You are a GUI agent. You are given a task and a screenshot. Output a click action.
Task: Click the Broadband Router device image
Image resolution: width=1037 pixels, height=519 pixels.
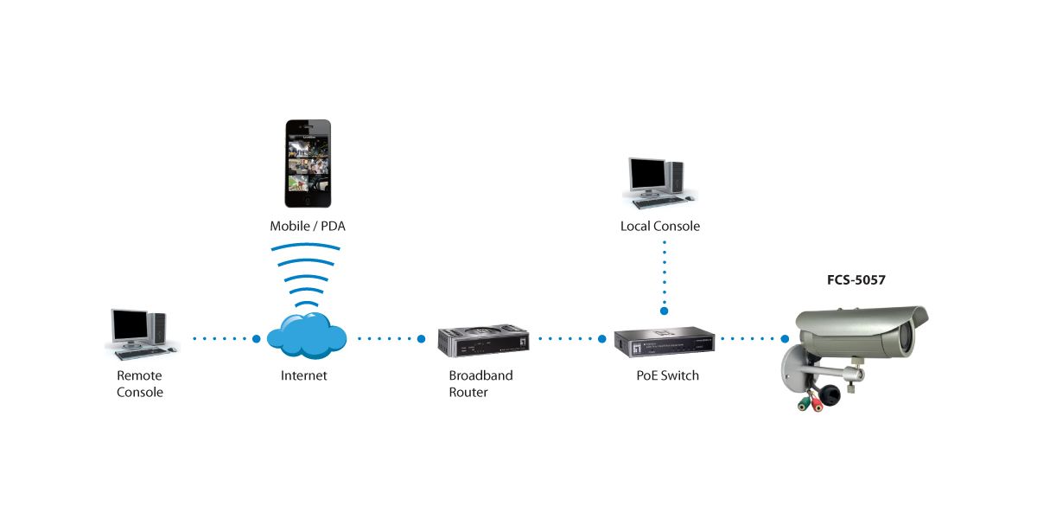coord(483,339)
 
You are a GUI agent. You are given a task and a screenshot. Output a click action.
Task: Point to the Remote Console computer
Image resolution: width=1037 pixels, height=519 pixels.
coord(140,332)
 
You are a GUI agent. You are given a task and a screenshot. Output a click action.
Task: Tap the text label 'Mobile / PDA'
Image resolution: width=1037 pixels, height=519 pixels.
coord(307,227)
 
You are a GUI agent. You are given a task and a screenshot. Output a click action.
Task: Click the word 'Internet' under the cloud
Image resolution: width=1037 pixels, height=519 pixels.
coord(304,375)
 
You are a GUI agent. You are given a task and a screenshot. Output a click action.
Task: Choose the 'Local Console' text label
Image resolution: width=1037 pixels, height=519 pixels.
coord(660,227)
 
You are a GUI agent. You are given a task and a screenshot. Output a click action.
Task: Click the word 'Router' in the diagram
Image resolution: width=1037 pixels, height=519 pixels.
coord(468,393)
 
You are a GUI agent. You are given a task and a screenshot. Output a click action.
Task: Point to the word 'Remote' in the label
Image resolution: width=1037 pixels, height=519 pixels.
coord(139,375)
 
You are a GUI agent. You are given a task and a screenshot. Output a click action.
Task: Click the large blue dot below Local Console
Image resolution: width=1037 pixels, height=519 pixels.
coord(664,310)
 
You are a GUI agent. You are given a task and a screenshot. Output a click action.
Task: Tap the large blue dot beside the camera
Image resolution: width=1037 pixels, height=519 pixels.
coord(785,339)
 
